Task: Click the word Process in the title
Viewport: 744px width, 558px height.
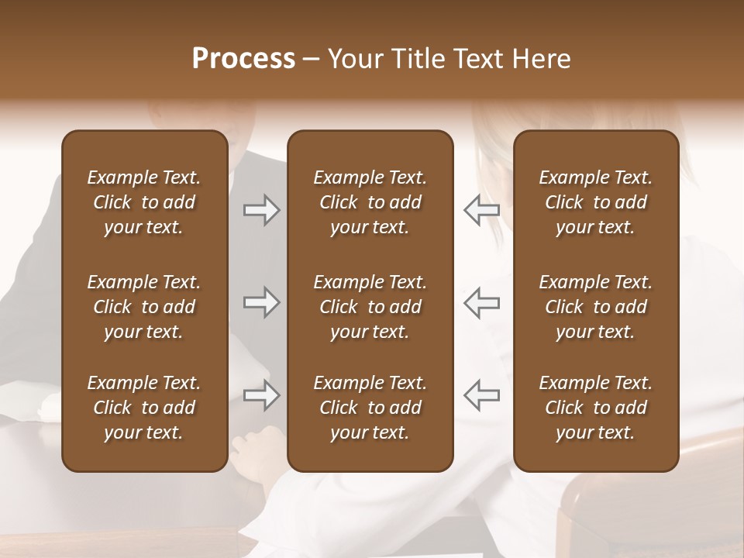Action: (243, 59)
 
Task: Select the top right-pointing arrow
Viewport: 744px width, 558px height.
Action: (262, 210)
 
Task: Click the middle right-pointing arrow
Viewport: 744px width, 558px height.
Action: (262, 303)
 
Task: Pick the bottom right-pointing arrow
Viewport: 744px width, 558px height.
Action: (262, 395)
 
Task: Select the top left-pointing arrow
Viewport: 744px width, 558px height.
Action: (481, 210)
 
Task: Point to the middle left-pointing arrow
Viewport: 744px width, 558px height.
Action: (481, 303)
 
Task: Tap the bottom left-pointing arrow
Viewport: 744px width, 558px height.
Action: (481, 395)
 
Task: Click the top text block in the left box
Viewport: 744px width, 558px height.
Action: (144, 202)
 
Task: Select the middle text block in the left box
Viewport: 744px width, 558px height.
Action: (144, 307)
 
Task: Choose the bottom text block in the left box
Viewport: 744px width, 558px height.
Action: (144, 408)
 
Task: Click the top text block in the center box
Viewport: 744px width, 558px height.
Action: (370, 202)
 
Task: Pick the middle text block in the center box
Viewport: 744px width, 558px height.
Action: (370, 307)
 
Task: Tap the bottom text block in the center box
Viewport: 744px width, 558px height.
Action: (370, 408)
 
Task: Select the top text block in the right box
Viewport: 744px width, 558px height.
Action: (596, 202)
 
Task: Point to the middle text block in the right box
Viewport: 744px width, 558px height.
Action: (596, 307)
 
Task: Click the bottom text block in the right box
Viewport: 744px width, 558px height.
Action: (596, 408)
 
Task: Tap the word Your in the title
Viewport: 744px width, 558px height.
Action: (353, 59)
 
